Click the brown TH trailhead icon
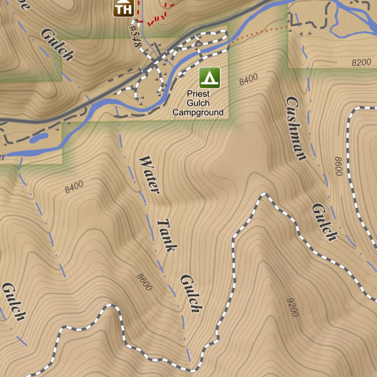point(123,8)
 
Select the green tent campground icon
point(209,77)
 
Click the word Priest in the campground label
point(198,94)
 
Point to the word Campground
point(198,112)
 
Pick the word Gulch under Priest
point(198,103)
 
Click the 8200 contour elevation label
point(361,63)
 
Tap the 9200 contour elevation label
point(293,307)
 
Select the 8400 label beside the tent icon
point(249,79)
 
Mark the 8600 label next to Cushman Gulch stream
point(339,166)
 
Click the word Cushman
point(296,128)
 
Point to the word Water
point(149,175)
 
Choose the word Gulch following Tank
point(191,293)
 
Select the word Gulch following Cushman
point(324,222)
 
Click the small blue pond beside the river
point(39,138)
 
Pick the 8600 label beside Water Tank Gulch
point(144,282)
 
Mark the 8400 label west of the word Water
point(74,187)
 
